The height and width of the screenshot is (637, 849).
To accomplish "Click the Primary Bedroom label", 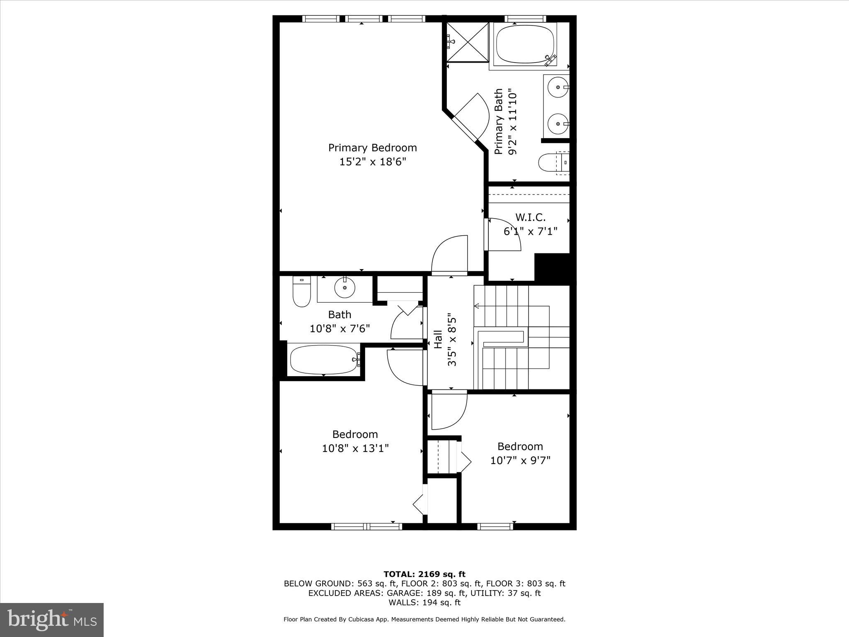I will click(372, 148).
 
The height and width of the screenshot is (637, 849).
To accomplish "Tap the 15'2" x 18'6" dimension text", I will click(372, 162).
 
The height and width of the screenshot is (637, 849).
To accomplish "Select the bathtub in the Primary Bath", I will click(525, 45).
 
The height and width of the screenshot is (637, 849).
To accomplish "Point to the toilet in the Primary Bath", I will click(553, 162).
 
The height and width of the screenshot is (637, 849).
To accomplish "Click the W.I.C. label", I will click(530, 217).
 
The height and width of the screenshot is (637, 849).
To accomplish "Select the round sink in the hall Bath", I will click(344, 287).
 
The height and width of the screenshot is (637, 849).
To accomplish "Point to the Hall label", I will click(438, 339).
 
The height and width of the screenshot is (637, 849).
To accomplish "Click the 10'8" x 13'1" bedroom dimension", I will click(355, 448).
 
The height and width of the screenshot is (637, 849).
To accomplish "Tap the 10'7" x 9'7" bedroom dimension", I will click(520, 460).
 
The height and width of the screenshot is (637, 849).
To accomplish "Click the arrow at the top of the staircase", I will click(477, 306).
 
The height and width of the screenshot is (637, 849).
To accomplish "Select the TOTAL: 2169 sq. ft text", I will click(424, 574).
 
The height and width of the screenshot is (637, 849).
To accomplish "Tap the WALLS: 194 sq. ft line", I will click(424, 603).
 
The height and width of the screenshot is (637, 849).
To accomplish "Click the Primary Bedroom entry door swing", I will click(449, 255).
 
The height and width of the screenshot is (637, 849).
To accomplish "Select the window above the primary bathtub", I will click(525, 19).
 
